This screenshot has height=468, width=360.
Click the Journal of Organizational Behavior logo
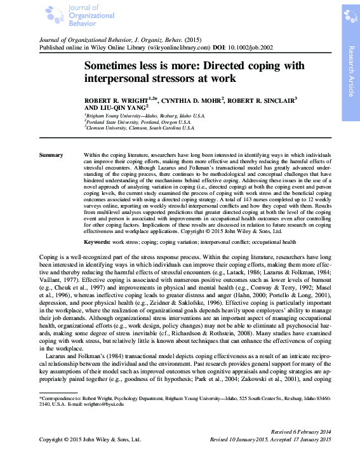63,15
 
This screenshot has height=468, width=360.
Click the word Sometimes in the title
114,65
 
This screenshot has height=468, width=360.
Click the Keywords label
98,225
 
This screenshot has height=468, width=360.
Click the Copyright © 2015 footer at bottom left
90,439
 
